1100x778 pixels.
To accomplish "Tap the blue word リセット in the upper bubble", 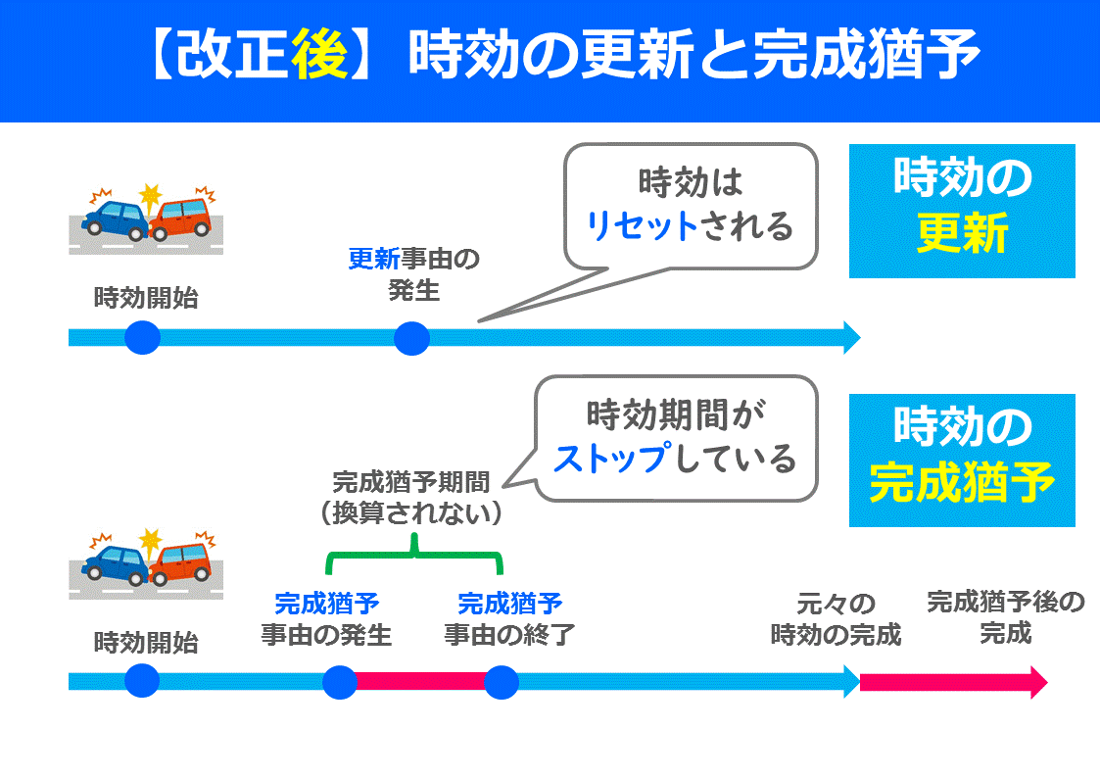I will pyautogui.click(x=642, y=227).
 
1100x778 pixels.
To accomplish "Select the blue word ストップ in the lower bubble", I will pyautogui.click(x=612, y=458).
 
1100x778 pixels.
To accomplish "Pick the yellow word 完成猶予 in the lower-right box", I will pyautogui.click(x=962, y=482).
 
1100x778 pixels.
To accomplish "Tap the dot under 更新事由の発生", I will pyautogui.click(x=412, y=339).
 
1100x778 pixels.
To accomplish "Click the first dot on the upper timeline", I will pyautogui.click(x=142, y=338).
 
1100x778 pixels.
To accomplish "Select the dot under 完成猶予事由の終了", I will pyautogui.click(x=501, y=682).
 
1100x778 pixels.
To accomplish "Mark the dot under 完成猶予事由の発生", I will pyautogui.click(x=340, y=682).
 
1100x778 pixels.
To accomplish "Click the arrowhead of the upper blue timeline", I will pyautogui.click(x=850, y=338).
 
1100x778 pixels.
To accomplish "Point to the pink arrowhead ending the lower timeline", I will pyautogui.click(x=1037, y=682).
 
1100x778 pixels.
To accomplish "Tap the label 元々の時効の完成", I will pyautogui.click(x=836, y=619).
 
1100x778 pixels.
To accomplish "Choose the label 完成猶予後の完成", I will pyautogui.click(x=1006, y=617).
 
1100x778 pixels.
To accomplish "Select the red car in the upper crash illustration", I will pyautogui.click(x=184, y=217).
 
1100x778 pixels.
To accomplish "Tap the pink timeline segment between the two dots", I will pyautogui.click(x=420, y=682).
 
